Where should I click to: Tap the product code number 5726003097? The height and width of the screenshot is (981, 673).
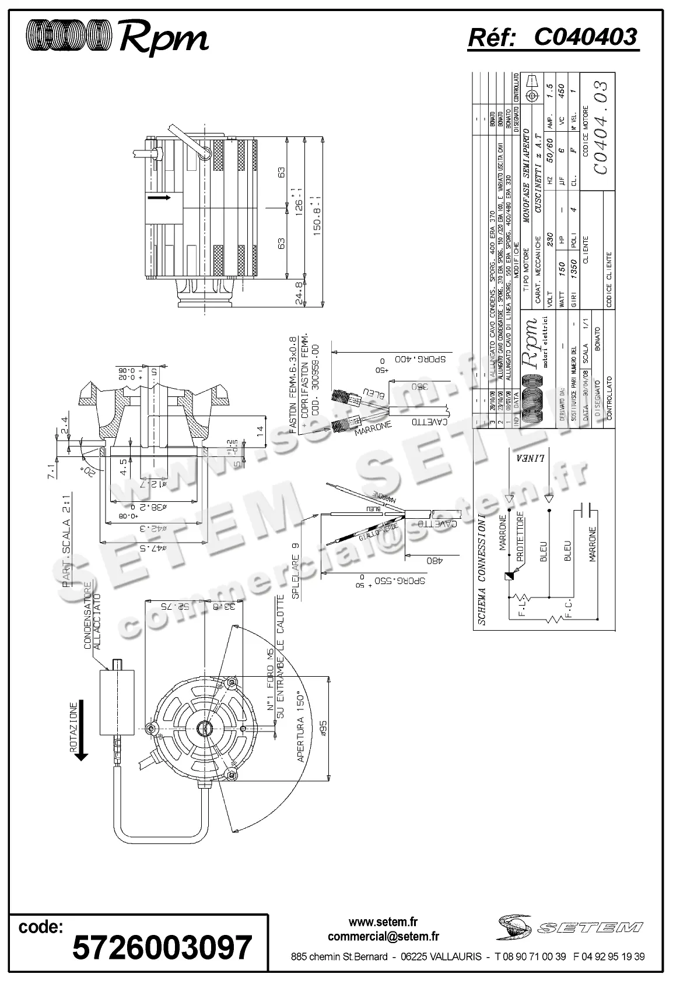point(162,947)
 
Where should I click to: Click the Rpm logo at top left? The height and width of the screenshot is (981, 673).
point(117,37)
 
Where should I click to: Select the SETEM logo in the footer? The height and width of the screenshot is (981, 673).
point(570,927)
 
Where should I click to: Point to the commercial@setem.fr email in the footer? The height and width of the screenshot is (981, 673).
point(383,937)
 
